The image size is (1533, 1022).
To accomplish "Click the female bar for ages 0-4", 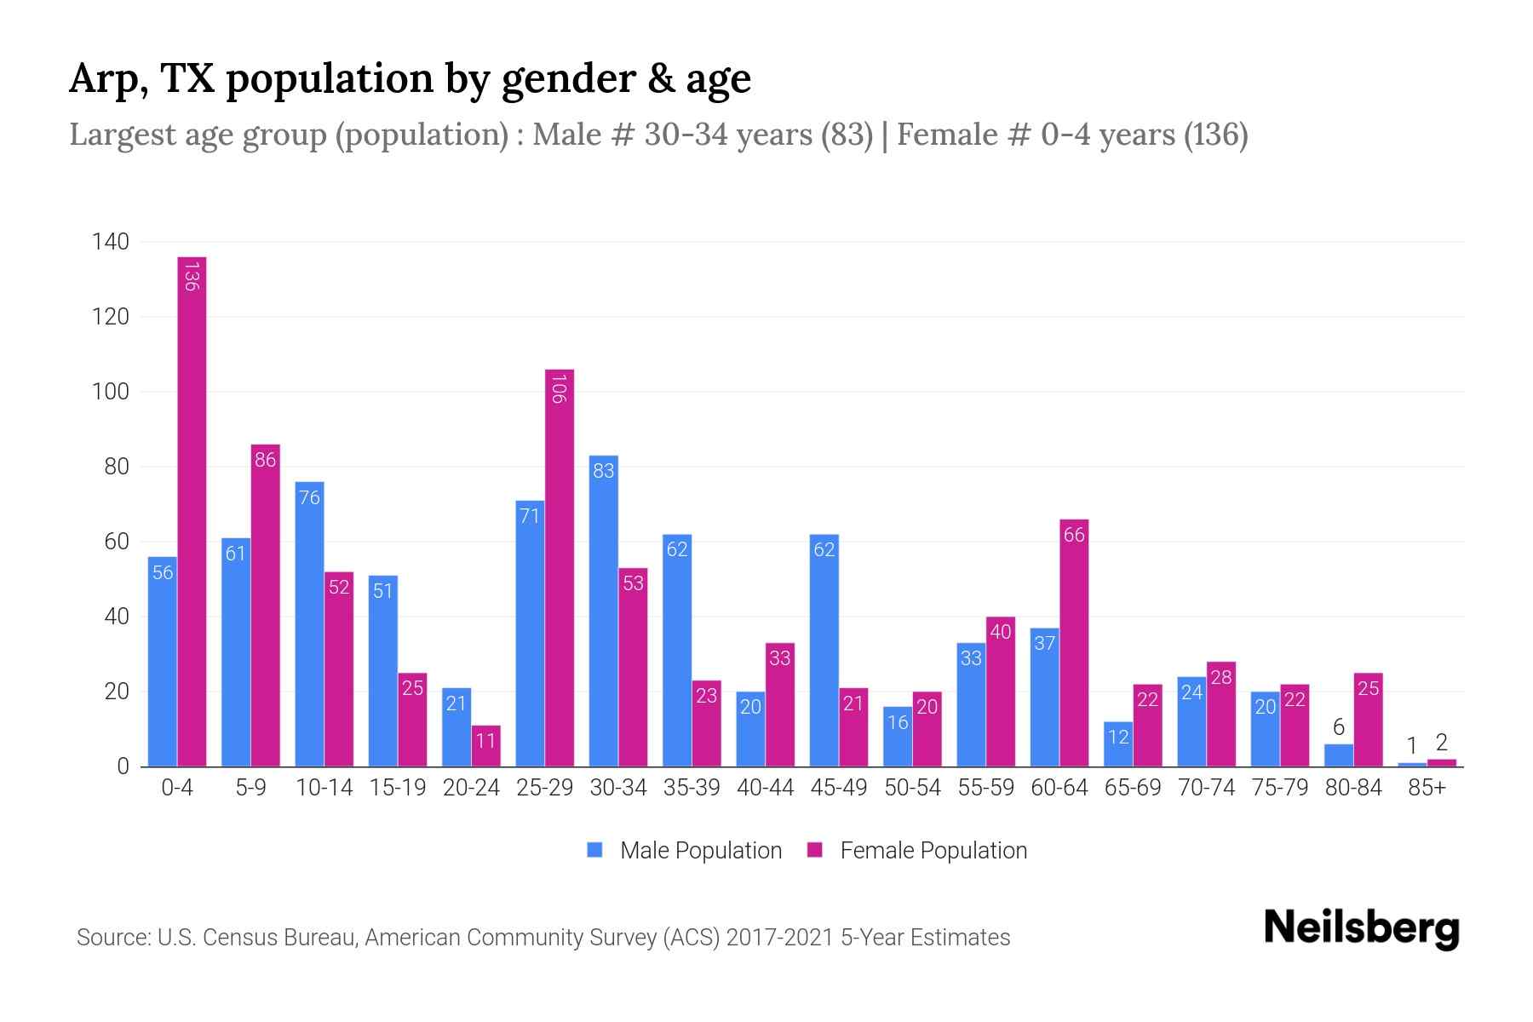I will pyautogui.click(x=192, y=511).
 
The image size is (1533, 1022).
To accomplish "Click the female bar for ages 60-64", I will pyautogui.click(x=1074, y=643).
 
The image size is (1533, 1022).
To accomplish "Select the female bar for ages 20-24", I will pyautogui.click(x=485, y=746).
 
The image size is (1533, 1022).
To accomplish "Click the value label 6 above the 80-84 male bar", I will pyautogui.click(x=1338, y=727).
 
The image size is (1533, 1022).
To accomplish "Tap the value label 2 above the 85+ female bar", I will pyautogui.click(x=1441, y=743).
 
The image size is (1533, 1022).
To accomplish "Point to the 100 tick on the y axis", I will pyautogui.click(x=110, y=392).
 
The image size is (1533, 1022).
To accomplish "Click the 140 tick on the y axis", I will pyautogui.click(x=110, y=242).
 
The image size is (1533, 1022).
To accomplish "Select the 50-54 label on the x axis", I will pyautogui.click(x=912, y=788).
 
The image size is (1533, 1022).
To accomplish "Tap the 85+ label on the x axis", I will pyautogui.click(x=1427, y=788).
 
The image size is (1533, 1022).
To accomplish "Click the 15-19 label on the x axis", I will pyautogui.click(x=398, y=788).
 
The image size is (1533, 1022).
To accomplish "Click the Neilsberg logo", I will pyautogui.click(x=1361, y=928).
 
